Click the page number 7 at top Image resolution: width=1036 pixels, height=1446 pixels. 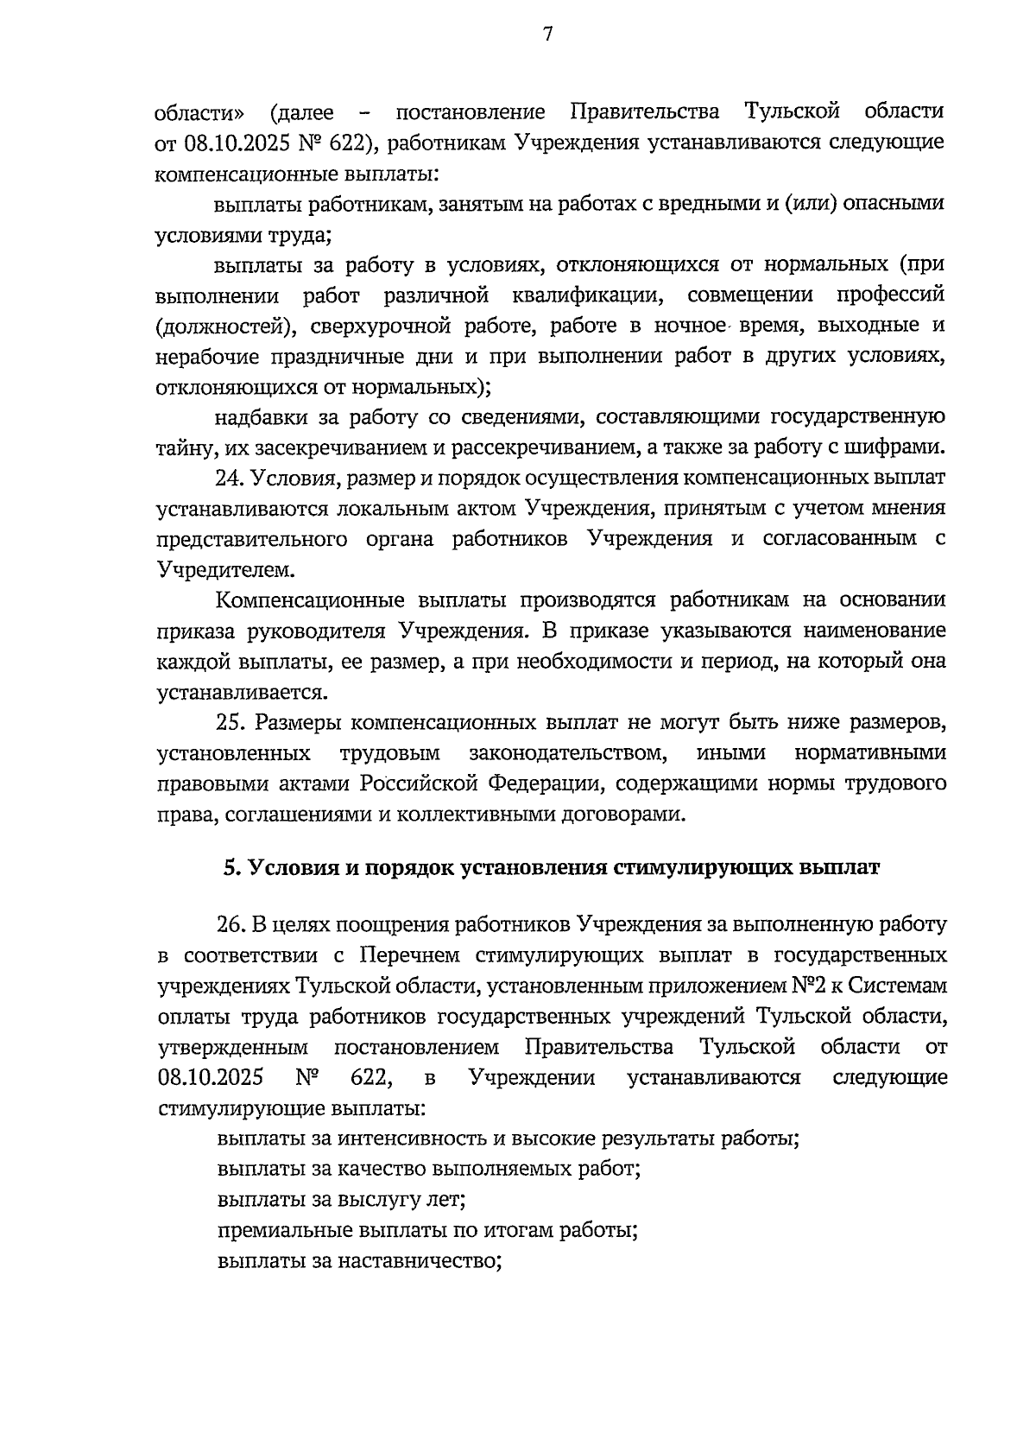point(546,35)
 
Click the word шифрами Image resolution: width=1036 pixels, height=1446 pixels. point(898,447)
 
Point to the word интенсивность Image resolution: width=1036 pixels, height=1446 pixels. point(413,1138)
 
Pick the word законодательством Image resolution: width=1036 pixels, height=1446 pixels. point(567,752)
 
